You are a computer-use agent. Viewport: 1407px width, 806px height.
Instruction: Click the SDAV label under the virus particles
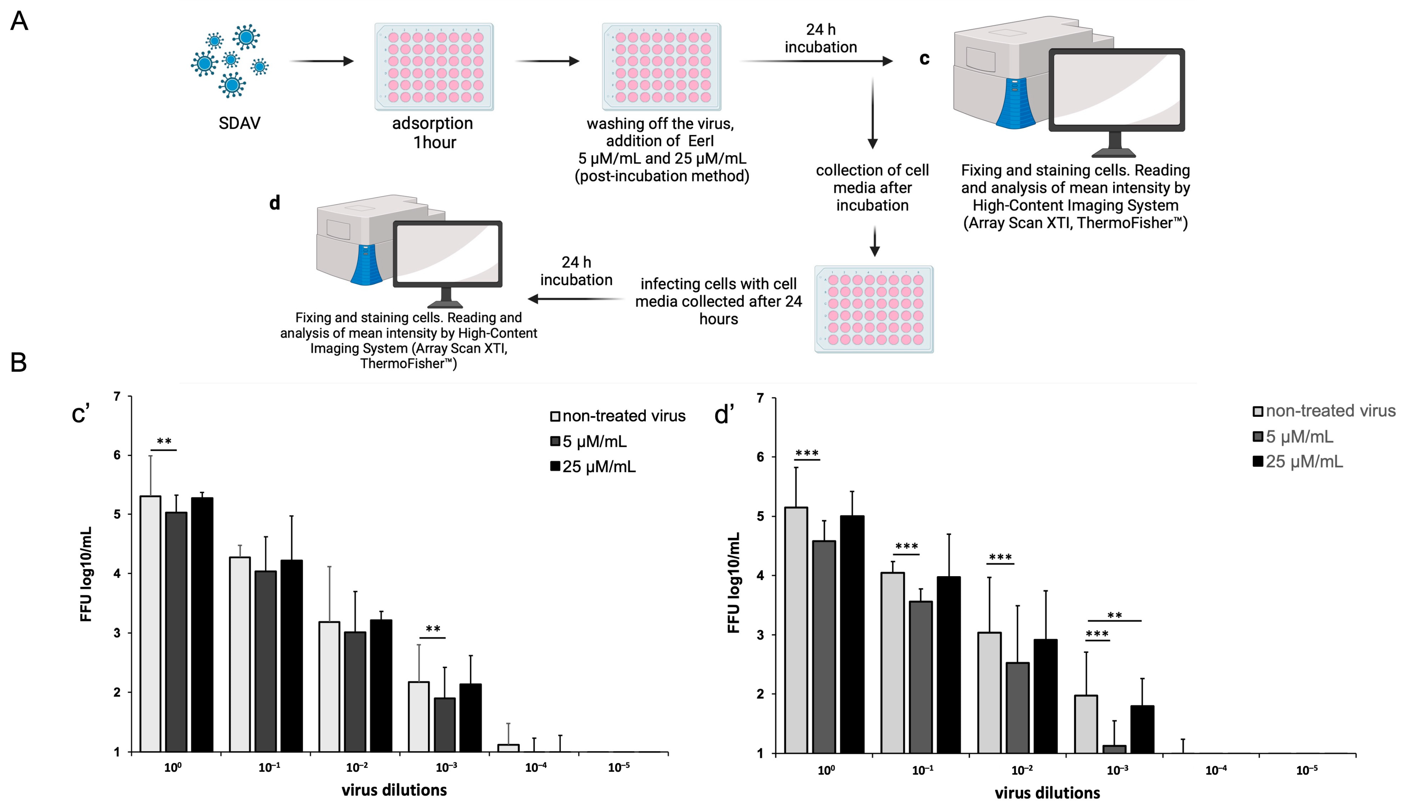point(239,123)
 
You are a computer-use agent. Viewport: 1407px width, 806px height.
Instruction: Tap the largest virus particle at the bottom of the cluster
point(232,85)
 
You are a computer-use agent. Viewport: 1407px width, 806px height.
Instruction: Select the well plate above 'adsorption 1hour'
point(434,67)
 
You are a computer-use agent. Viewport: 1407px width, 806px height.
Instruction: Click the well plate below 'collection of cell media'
point(874,309)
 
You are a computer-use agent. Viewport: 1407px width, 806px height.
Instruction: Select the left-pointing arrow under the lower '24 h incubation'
point(576,299)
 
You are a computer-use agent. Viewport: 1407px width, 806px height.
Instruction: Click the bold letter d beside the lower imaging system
point(275,203)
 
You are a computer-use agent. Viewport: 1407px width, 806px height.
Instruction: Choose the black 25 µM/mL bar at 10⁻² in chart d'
point(1046,696)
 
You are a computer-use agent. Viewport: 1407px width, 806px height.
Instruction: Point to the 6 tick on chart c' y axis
point(117,455)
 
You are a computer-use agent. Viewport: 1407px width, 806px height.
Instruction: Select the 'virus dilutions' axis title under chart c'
point(394,790)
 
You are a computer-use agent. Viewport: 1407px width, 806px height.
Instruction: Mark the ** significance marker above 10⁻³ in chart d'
point(1114,615)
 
